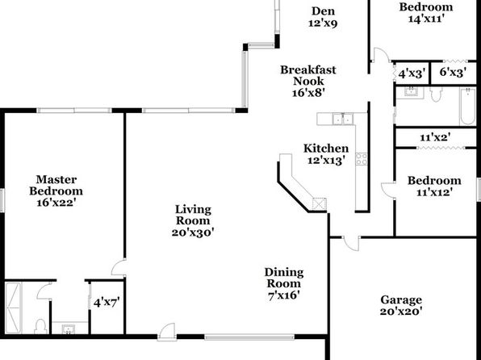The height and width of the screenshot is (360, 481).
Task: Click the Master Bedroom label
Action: [x=56, y=185]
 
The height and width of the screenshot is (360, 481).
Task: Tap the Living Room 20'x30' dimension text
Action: [x=193, y=232]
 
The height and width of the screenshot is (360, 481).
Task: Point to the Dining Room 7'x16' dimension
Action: [x=284, y=295]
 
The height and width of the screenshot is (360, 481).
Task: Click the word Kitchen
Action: [x=326, y=149]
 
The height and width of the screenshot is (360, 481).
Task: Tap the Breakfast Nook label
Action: [x=308, y=76]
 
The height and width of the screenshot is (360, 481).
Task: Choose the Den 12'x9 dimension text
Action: [x=323, y=23]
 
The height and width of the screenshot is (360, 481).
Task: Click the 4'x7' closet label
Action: [x=107, y=303]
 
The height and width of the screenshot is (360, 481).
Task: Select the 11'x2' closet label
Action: [x=435, y=137]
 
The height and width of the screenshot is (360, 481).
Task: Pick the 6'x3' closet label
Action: [x=453, y=72]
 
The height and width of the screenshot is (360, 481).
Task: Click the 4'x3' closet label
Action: [x=412, y=73]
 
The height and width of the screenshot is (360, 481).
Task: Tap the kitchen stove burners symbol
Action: [x=362, y=159]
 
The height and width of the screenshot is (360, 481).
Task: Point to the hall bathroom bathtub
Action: [x=468, y=107]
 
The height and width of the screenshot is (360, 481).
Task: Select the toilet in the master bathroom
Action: [x=40, y=326]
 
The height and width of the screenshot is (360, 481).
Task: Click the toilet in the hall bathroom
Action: [x=436, y=94]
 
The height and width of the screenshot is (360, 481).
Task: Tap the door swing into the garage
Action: [x=352, y=244]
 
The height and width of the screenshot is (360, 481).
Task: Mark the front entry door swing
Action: [x=167, y=332]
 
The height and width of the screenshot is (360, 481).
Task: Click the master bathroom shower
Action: [x=13, y=308]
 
